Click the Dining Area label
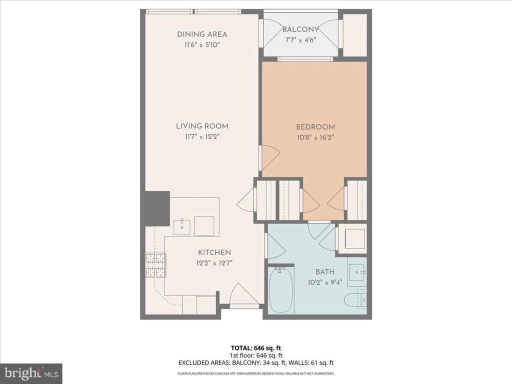[x=202, y=34]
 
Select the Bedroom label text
[x=315, y=127]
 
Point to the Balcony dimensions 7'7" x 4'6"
[x=300, y=40]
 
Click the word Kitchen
[x=214, y=252]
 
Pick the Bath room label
[x=325, y=272]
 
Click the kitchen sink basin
[x=182, y=226]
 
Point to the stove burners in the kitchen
[x=155, y=265]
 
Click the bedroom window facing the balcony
[x=305, y=59]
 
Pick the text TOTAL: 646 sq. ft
[x=255, y=347]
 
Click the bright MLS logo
[x=31, y=372]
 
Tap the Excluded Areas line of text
[x=255, y=362]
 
